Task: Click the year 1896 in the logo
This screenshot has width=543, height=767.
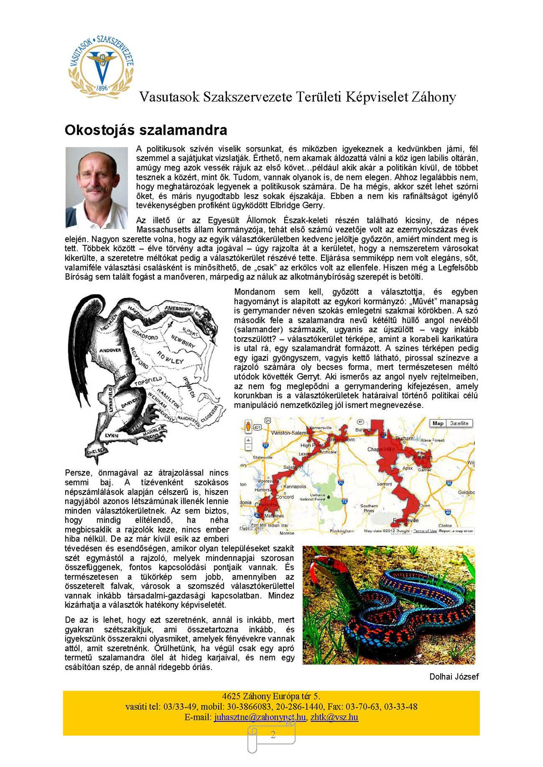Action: click(x=102, y=88)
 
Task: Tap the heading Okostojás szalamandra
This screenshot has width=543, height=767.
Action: click(x=146, y=130)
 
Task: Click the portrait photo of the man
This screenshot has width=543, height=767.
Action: click(x=97, y=187)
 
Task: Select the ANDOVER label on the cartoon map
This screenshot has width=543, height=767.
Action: click(x=110, y=350)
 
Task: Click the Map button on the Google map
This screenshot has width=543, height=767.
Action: click(x=438, y=423)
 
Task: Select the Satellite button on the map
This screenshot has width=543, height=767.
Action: click(x=459, y=423)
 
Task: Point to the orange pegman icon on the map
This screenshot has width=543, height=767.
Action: click(x=248, y=426)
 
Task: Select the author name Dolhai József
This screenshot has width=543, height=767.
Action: click(x=454, y=677)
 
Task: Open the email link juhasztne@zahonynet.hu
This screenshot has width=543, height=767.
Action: click(x=260, y=717)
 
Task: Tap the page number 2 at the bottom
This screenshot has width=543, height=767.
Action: click(x=273, y=735)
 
